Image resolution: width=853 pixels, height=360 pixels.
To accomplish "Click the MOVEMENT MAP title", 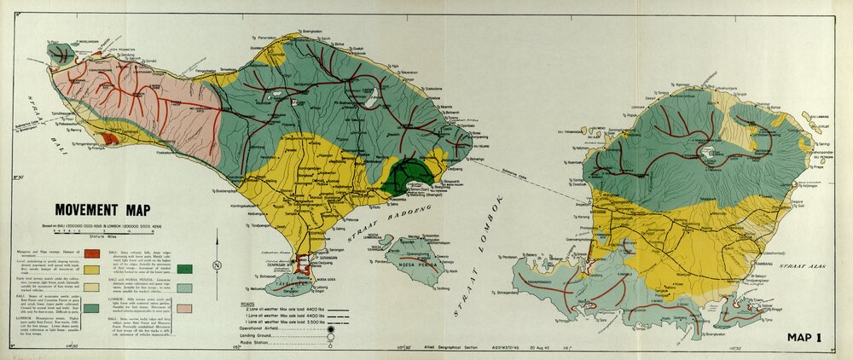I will click(110, 210).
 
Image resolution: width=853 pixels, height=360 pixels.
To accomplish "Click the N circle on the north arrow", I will click(218, 265).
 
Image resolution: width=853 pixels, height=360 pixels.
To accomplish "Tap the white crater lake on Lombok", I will click(707, 154).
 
